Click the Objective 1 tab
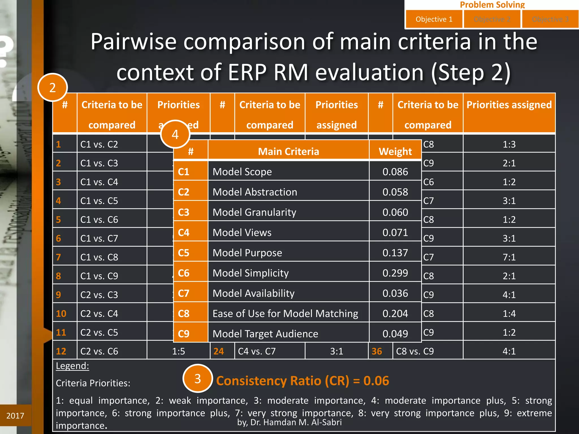[434, 19]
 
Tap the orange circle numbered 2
[53, 88]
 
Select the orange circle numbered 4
[175, 134]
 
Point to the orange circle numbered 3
[198, 379]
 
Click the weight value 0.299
[395, 273]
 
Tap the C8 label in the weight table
[184, 314]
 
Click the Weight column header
[395, 151]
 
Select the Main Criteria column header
[288, 151]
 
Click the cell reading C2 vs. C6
[99, 351]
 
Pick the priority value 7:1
[509, 257]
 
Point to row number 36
[377, 351]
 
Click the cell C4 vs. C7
[257, 351]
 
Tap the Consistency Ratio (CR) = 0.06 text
[303, 381]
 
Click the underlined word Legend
[72, 366]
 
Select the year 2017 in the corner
[15, 416]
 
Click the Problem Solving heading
[492, 5]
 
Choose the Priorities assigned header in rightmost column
[509, 105]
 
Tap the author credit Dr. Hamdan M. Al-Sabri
[289, 422]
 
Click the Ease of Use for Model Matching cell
[285, 314]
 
